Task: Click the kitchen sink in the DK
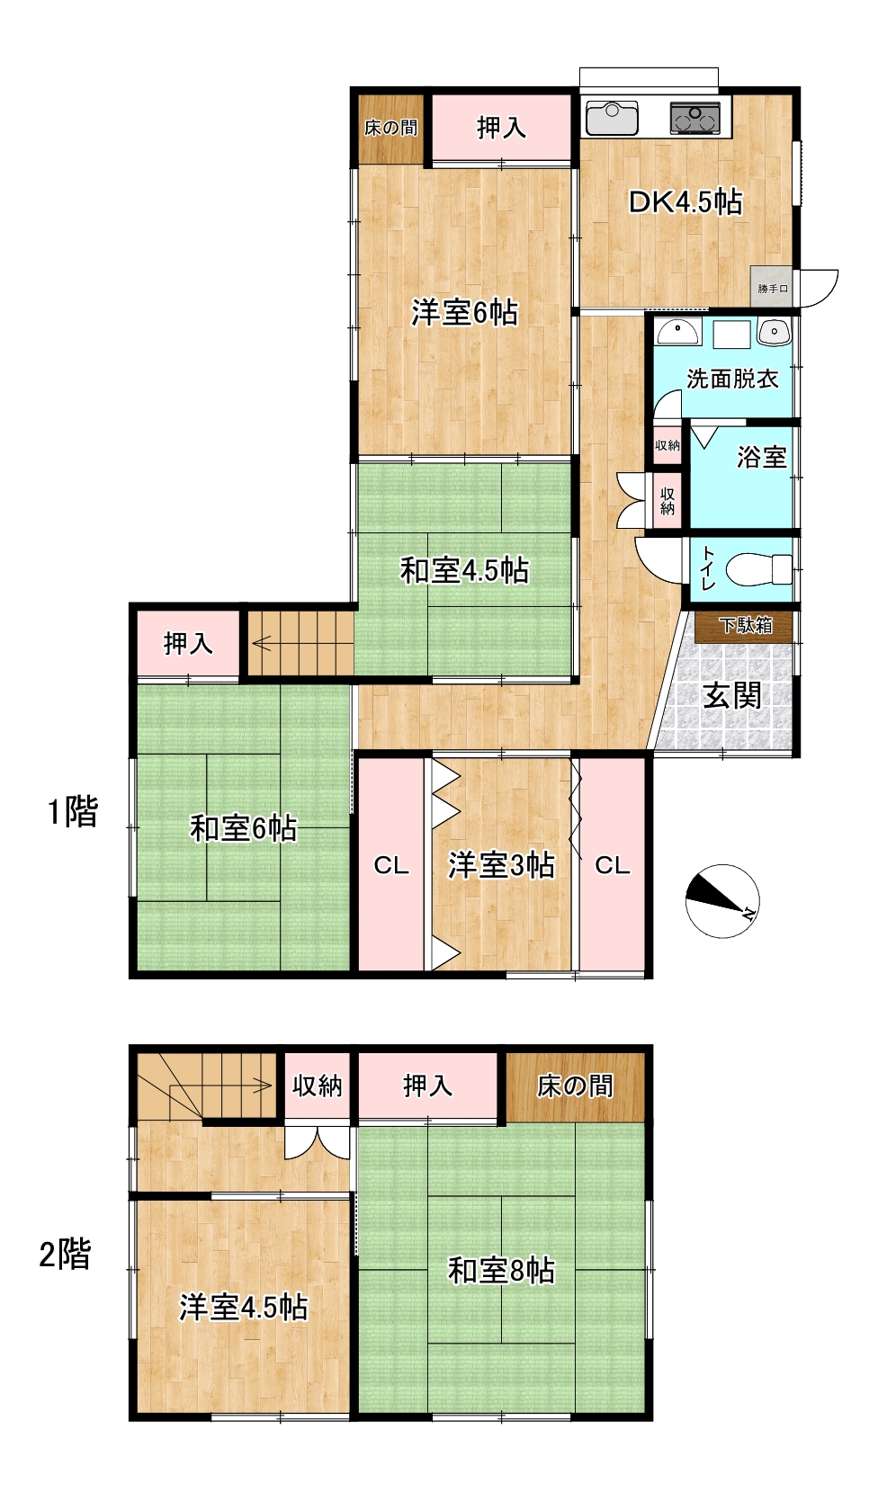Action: (x=612, y=118)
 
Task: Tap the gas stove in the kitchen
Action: (x=694, y=118)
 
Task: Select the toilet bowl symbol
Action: (x=758, y=569)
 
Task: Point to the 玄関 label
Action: (x=732, y=696)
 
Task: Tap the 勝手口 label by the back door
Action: (x=773, y=289)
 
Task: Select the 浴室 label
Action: (x=761, y=457)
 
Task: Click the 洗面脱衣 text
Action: (x=732, y=379)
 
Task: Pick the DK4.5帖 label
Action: (x=685, y=201)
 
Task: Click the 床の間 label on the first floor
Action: (x=390, y=127)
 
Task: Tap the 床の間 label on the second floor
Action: (x=575, y=1086)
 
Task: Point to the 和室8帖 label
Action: (x=501, y=1271)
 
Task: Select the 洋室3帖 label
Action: (x=501, y=865)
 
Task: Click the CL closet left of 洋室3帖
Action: (x=391, y=865)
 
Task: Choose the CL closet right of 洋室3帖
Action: (x=613, y=865)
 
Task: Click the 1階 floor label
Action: (x=73, y=812)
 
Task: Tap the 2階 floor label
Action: (x=65, y=1255)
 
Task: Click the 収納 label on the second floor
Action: (x=317, y=1085)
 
